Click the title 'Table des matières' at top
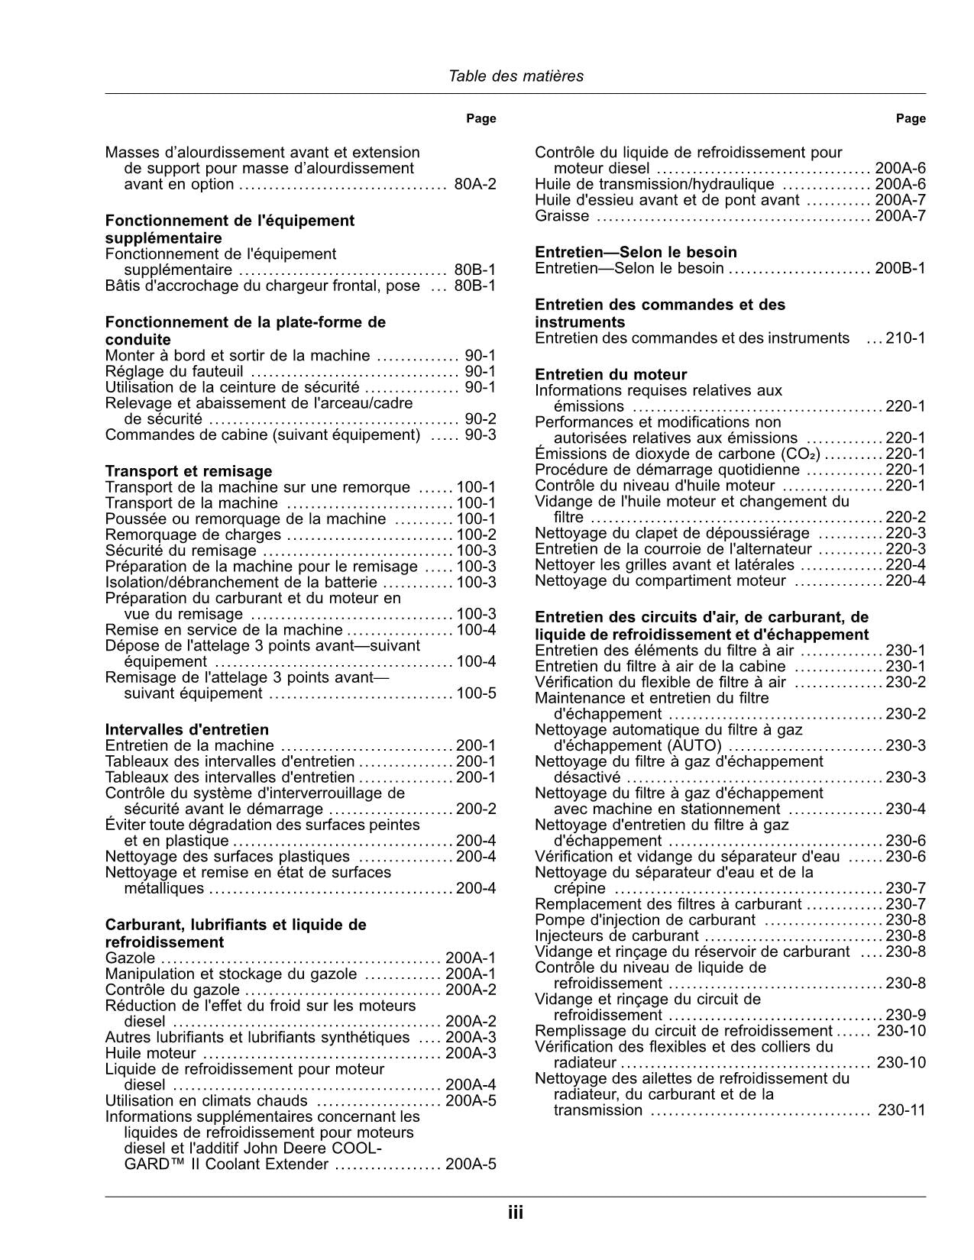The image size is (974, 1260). coord(516,76)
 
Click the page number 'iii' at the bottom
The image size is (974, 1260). coord(516,1213)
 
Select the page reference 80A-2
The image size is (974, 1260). coord(474,184)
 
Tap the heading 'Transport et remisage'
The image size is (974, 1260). coord(188,471)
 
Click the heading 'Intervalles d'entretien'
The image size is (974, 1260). coord(186,729)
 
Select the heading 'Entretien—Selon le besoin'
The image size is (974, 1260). coord(636,252)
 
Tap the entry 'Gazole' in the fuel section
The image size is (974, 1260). coord(130,958)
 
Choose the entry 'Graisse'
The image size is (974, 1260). coord(561,216)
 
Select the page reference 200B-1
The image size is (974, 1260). coord(900,268)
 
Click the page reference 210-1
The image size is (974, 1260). coord(905,338)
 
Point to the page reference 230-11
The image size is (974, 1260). coord(901,1110)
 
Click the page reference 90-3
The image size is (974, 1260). coord(481,435)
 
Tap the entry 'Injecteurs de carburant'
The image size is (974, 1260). coord(616,935)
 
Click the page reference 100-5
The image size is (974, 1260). coord(476,693)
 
